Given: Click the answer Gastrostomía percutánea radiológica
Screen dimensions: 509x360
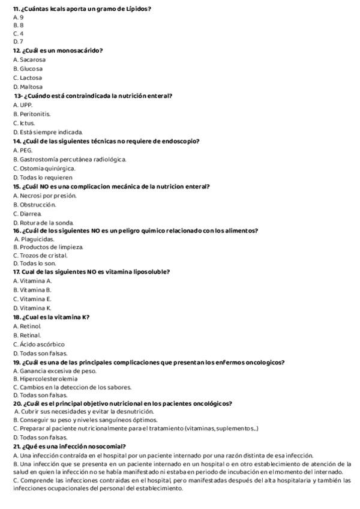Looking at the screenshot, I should tap(70, 159).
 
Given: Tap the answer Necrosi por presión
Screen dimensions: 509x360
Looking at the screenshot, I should tap(44, 195).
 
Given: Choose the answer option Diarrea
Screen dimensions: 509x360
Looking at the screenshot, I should tap(27, 213).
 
